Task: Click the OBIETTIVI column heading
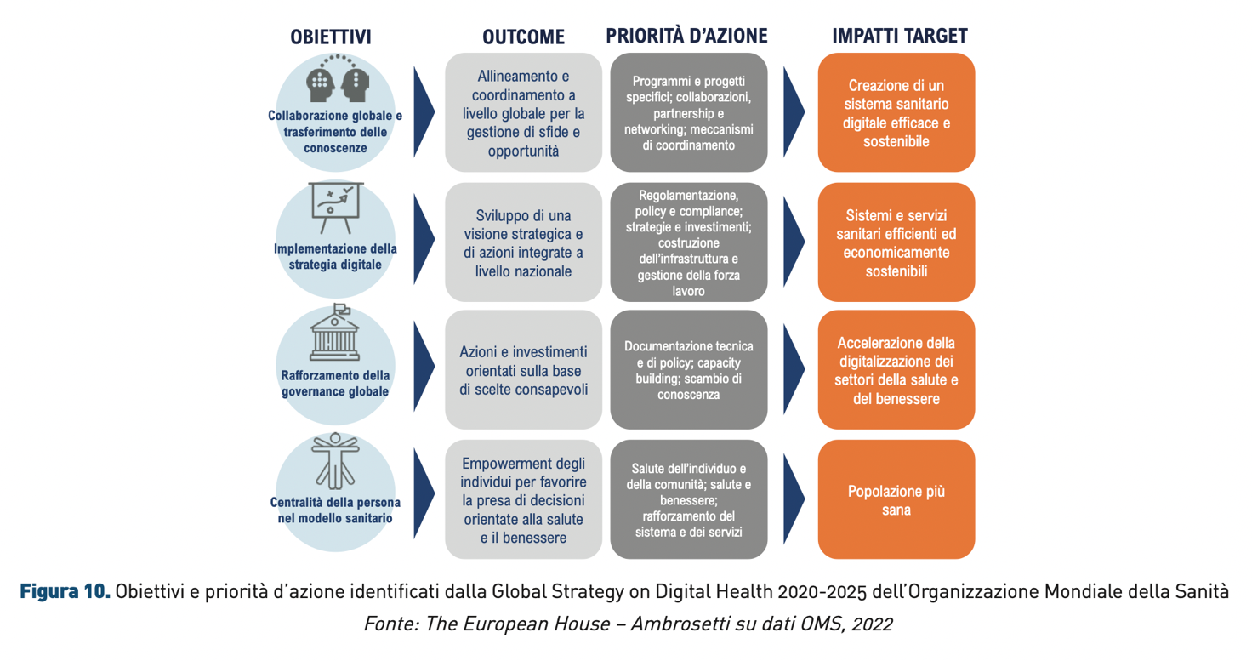point(330,37)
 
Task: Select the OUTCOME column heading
point(524,37)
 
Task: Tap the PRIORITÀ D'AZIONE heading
point(687,36)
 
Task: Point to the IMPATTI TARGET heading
point(899,36)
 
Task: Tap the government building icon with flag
point(335,332)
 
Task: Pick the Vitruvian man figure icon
point(335,461)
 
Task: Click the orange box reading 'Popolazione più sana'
point(896,499)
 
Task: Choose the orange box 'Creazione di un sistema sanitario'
point(896,112)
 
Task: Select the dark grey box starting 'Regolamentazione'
point(689,242)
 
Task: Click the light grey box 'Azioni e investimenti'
point(523,370)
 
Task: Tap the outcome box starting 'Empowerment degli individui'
point(523,499)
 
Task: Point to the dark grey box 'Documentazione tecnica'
point(689,370)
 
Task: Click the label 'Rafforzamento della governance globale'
point(335,383)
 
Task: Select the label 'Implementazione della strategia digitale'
point(335,257)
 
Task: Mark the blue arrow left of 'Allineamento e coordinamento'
point(423,111)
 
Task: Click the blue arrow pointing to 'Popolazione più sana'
point(793,499)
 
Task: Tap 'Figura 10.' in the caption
point(65,591)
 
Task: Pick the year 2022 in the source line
point(872,624)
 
